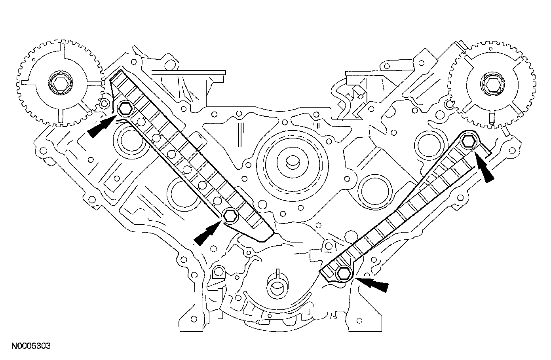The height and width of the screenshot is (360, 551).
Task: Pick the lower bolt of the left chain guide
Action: coord(230,216)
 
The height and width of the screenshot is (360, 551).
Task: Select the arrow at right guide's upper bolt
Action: coord(485,169)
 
